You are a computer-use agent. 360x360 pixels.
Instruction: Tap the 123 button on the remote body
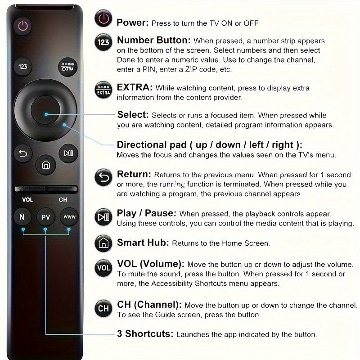(x=23, y=67)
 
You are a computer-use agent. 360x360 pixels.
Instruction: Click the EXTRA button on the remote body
(x=68, y=67)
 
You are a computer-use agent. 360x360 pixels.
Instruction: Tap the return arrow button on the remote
(x=23, y=153)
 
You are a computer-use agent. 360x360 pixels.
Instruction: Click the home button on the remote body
(x=45, y=165)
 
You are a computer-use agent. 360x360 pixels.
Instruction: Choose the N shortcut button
(x=22, y=216)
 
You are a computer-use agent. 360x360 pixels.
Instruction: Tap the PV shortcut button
(x=45, y=216)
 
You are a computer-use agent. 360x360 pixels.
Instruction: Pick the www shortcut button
(x=69, y=216)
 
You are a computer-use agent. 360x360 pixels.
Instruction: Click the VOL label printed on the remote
(x=27, y=200)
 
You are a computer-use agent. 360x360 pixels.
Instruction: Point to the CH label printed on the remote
(x=63, y=200)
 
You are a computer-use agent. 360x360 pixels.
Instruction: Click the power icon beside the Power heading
(x=103, y=19)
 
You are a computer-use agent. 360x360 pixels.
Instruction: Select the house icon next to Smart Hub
(x=103, y=243)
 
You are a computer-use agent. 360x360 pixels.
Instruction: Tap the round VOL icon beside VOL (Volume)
(x=103, y=268)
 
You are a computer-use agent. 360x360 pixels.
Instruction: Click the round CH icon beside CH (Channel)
(x=103, y=308)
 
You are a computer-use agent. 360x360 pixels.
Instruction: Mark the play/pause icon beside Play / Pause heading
(x=103, y=217)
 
